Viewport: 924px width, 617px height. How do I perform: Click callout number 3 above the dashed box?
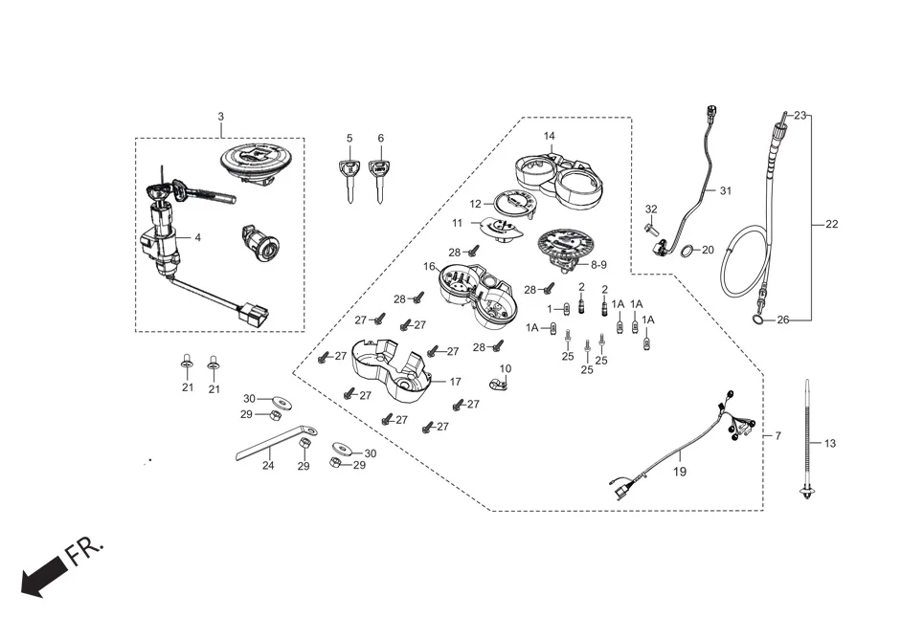(220, 117)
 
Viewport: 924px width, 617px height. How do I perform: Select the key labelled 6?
(380, 177)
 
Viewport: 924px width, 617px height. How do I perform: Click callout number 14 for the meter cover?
(549, 136)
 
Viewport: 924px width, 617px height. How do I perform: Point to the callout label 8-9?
(598, 264)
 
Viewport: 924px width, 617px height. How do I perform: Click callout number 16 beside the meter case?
(429, 266)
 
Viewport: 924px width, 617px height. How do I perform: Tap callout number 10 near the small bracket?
(505, 368)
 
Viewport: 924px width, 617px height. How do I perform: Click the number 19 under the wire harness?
(679, 472)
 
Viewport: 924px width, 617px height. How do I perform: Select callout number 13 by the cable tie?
(829, 443)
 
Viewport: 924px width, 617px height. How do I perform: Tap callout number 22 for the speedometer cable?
(830, 225)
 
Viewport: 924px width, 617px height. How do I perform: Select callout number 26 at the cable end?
(782, 320)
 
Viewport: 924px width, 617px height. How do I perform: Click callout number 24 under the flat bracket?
(268, 466)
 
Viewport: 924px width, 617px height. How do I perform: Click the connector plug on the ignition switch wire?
(256, 311)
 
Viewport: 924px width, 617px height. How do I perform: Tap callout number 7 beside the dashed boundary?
(778, 436)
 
